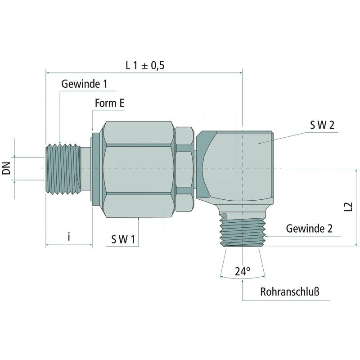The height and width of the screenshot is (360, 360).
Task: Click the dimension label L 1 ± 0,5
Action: coord(145,65)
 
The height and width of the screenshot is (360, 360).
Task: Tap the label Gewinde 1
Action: coord(85,84)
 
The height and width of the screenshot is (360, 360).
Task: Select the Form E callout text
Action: coord(109,103)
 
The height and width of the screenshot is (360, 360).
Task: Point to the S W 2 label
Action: coord(322,126)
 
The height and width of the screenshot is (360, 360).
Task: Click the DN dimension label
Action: coord(6,169)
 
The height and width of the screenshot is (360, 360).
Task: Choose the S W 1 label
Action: coord(123,239)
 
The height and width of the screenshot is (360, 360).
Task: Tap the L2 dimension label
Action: coord(347,207)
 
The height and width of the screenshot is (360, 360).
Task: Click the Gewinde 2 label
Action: coord(309,229)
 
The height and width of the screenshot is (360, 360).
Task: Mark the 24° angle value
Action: coord(243,271)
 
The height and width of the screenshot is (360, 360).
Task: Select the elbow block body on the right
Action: coord(238,164)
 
